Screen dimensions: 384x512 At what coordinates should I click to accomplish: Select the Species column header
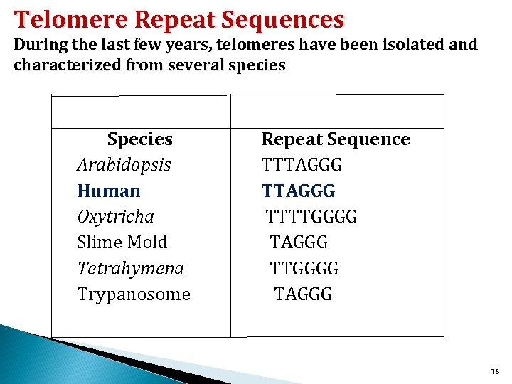tap(139, 139)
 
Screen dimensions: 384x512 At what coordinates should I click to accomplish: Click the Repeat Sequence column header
tap(336, 139)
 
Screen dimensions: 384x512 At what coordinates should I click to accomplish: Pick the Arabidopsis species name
tap(124, 166)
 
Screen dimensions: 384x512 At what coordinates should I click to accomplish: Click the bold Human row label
tap(109, 191)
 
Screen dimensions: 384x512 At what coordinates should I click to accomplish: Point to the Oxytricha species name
tap(115, 217)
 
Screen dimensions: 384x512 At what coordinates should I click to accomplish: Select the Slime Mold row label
tap(122, 242)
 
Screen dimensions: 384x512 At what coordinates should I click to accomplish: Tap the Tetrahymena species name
tap(130, 269)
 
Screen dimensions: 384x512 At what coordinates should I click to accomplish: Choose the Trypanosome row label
tap(134, 294)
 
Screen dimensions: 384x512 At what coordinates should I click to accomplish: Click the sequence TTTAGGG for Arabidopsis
tap(302, 166)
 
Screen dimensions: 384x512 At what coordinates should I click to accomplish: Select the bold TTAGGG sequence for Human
tap(298, 191)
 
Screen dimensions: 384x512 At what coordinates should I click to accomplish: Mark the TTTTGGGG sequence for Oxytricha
tap(311, 217)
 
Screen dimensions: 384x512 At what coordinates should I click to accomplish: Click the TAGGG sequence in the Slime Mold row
tap(299, 242)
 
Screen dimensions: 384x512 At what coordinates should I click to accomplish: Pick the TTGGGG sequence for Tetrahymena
tap(304, 269)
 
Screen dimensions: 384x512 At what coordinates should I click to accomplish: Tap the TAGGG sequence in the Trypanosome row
tap(303, 294)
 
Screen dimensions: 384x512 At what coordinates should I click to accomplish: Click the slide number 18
tap(496, 372)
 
